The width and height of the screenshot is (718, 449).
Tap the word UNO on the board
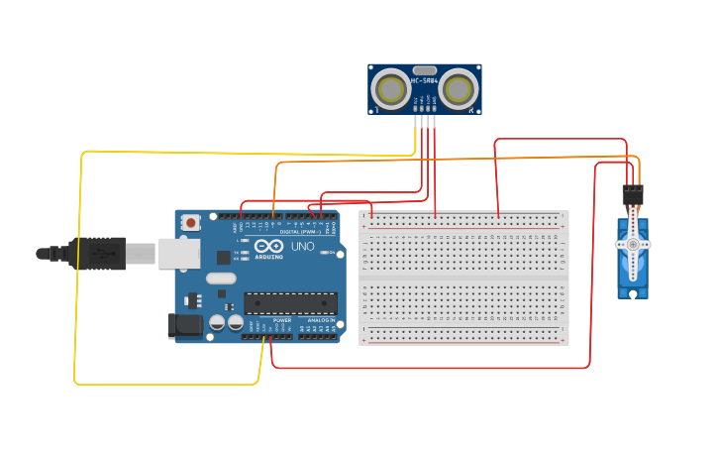[301, 247]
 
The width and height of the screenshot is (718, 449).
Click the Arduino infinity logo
[267, 246]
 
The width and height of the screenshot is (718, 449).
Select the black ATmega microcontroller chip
[290, 302]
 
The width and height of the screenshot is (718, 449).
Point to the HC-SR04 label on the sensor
[425, 80]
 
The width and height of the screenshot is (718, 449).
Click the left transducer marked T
[391, 90]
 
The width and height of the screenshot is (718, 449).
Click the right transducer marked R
[458, 90]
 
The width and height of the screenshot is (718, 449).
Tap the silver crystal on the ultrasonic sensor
[425, 71]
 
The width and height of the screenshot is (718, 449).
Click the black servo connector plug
[632, 194]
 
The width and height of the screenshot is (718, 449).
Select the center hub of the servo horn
[633, 244]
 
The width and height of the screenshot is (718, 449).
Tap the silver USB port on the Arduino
[179, 254]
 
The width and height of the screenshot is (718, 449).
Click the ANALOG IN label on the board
[320, 320]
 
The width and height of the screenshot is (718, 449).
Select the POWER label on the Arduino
[282, 320]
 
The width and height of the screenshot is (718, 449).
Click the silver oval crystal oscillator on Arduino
[221, 279]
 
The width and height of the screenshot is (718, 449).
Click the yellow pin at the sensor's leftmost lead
[415, 122]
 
